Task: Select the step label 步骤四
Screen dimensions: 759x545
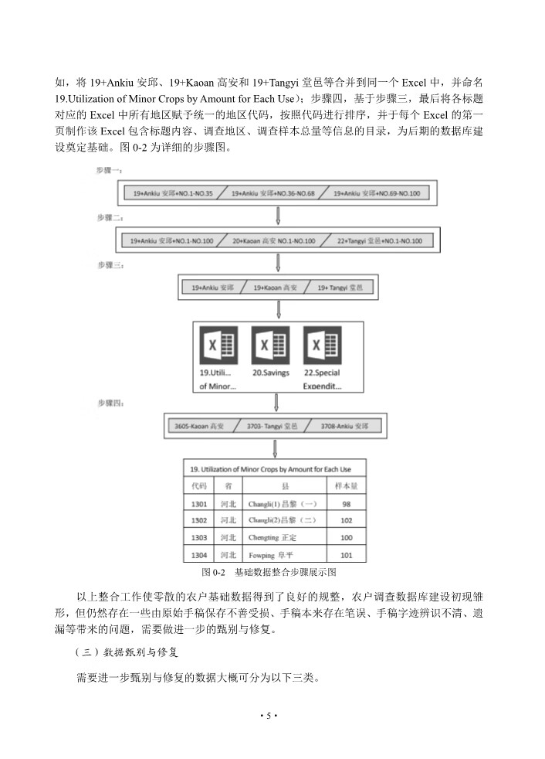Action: pyautogui.click(x=108, y=403)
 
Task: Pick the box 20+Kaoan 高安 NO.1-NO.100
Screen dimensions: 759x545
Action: pyautogui.click(x=275, y=241)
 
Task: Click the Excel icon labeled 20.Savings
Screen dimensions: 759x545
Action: pyautogui.click(x=271, y=345)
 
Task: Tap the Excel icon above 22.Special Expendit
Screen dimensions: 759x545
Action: pyautogui.click(x=322, y=345)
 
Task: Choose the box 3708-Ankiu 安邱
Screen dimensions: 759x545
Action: pyautogui.click(x=342, y=426)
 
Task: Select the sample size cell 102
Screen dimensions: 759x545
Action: pyautogui.click(x=346, y=520)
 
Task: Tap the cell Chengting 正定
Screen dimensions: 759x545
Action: pyautogui.click(x=272, y=537)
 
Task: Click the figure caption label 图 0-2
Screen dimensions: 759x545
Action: pyautogui.click(x=212, y=573)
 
